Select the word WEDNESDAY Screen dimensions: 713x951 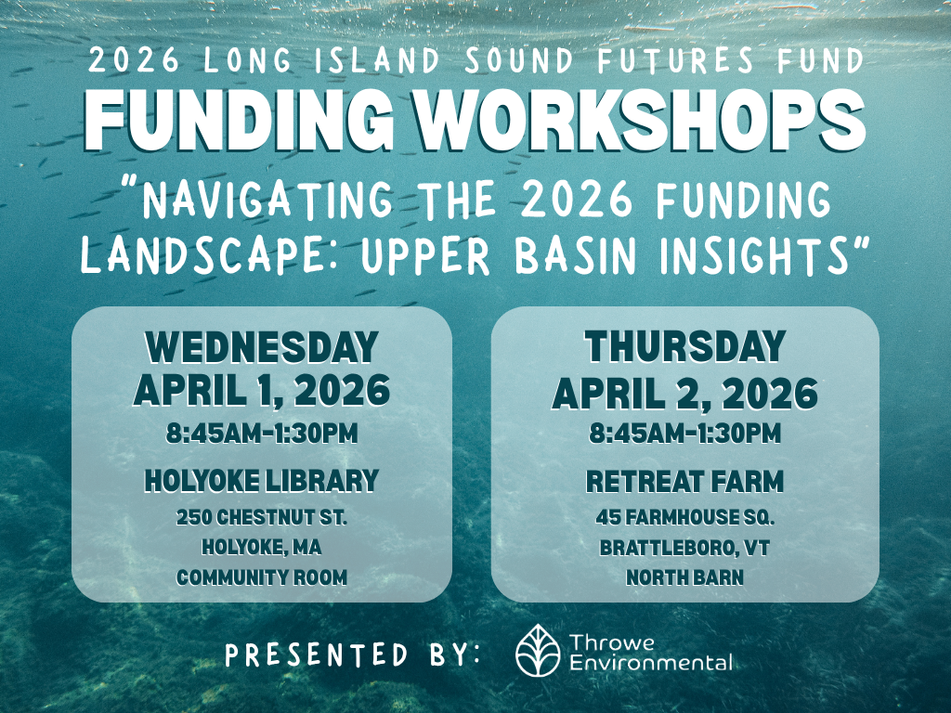pyautogui.click(x=261, y=348)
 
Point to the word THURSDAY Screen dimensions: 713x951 pyautogui.click(x=684, y=348)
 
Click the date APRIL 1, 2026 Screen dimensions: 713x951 pyautogui.click(x=261, y=391)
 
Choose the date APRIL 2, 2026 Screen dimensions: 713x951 pyautogui.click(x=684, y=393)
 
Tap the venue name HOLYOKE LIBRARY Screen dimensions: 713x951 pyautogui.click(x=261, y=480)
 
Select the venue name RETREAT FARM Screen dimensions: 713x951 pyautogui.click(x=684, y=482)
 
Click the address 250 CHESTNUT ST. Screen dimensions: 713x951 pyautogui.click(x=261, y=516)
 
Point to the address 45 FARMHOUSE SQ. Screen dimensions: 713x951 pyautogui.click(x=684, y=517)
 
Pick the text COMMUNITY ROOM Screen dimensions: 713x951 pyautogui.click(x=261, y=577)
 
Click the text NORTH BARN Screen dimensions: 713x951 pyautogui.click(x=684, y=577)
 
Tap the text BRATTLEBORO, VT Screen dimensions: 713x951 pyautogui.click(x=684, y=548)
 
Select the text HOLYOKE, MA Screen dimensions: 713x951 pyautogui.click(x=261, y=547)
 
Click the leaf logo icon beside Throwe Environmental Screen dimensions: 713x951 pyautogui.click(x=538, y=650)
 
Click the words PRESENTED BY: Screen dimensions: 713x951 pyautogui.click(x=353, y=654)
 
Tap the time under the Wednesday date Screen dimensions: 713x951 pyautogui.click(x=261, y=433)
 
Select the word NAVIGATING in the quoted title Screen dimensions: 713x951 pyautogui.click(x=270, y=202)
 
